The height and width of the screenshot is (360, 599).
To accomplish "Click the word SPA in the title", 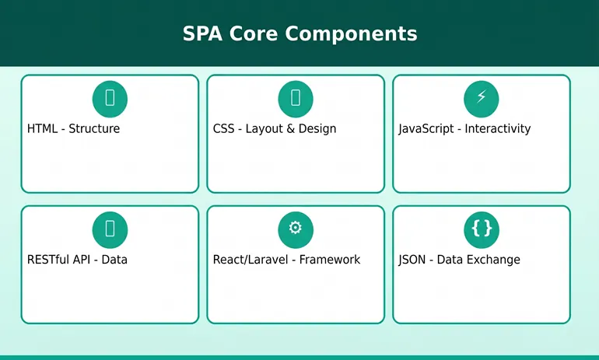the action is pos(202,33).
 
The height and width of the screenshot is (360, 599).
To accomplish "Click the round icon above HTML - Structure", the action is pos(110,99).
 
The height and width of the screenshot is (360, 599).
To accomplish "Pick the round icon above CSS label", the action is pos(296,99).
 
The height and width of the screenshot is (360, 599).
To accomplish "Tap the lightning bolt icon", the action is pos(482,96).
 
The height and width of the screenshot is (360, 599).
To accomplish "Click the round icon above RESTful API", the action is pos(110,230).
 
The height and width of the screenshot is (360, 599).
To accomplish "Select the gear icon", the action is pos(296,228).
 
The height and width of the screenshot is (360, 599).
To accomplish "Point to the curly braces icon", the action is pos(482,229).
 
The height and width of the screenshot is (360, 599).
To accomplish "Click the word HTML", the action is pos(43,128).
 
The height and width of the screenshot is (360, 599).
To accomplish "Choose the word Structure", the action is pos(94,128).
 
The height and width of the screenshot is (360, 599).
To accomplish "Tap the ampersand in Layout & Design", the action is pos(290,128).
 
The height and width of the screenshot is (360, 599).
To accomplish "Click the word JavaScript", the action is pos(426,129).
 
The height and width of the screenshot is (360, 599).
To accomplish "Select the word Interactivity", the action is pos(497,128).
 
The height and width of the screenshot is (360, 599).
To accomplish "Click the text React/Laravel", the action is pos(250,260).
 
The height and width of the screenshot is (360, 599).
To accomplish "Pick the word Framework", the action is pos(330,260).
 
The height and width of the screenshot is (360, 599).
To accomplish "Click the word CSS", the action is pos(223,128).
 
